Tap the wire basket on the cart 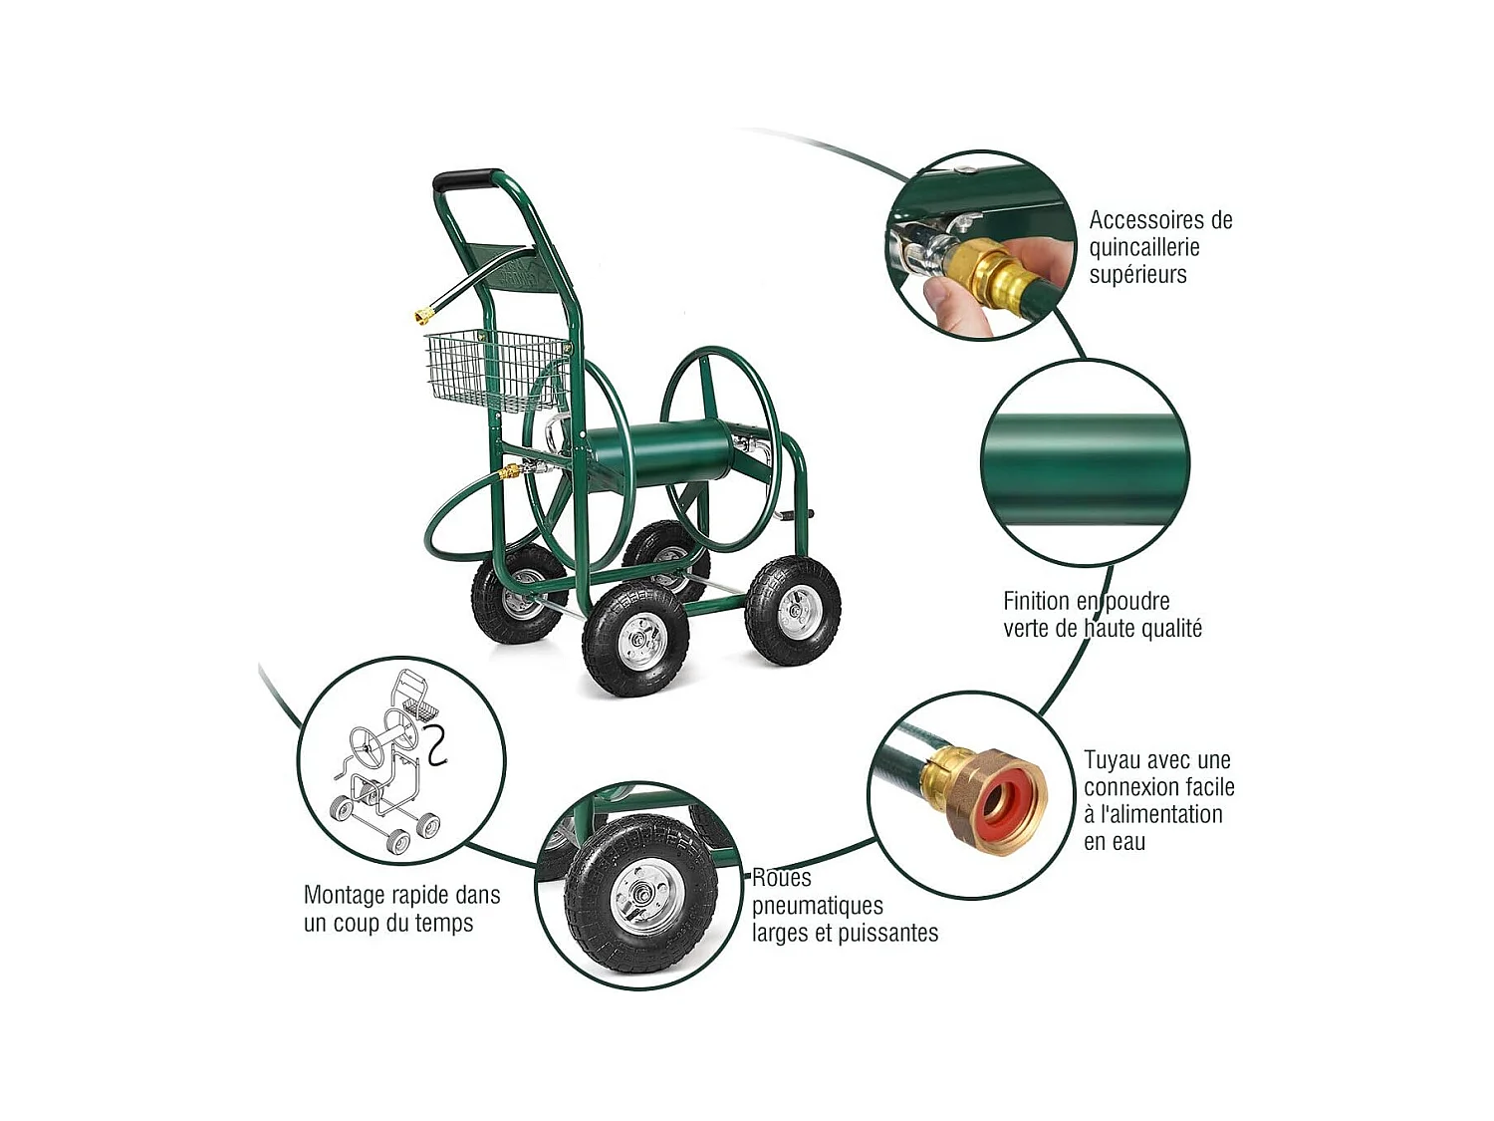tap(495, 371)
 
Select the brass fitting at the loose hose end tap(425, 315)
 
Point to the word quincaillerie tap(1144, 248)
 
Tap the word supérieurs tap(1137, 275)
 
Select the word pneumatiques tap(818, 906)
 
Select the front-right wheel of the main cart tap(793, 610)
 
